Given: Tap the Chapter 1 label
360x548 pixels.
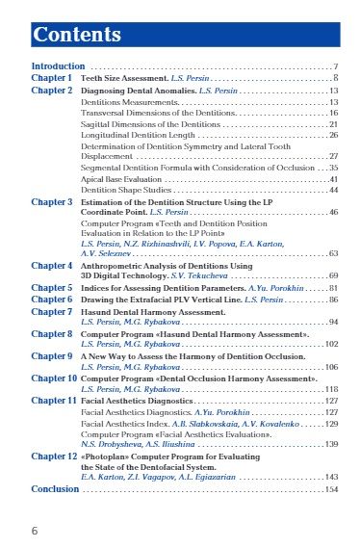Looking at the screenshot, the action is tap(51, 77).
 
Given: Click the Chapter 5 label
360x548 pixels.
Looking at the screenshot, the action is tap(51, 287).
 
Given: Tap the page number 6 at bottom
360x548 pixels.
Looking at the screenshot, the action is tap(35, 531).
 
